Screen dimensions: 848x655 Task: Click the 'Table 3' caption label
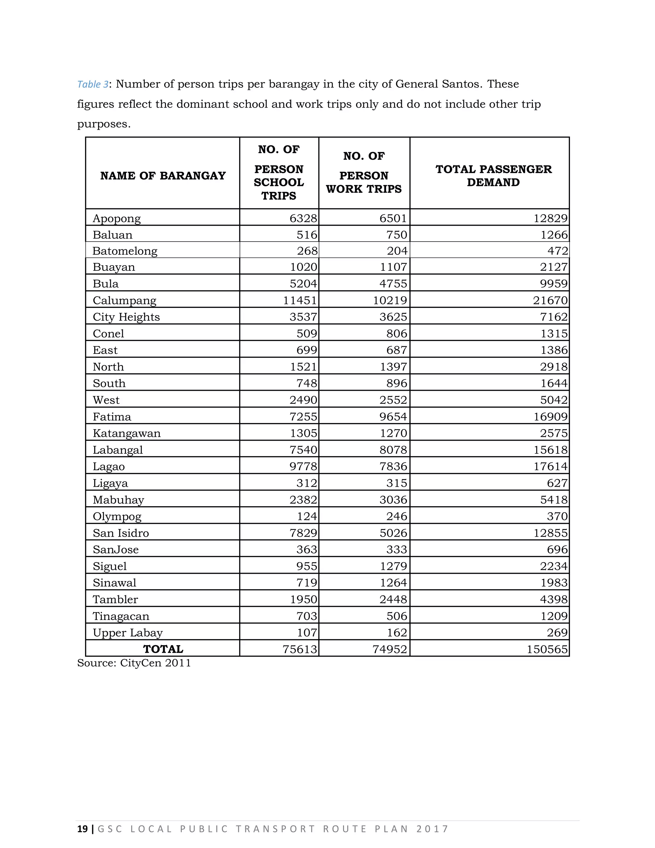[92, 84]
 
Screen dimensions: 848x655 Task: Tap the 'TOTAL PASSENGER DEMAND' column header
[493, 176]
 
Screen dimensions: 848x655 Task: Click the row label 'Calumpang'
[124, 300]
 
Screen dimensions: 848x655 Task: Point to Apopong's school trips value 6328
[303, 219]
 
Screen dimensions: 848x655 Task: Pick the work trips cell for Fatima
[393, 417]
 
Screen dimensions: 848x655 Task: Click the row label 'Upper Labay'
[127, 633]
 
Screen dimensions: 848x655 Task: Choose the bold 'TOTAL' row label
[163, 649]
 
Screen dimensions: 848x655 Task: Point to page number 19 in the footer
[82, 829]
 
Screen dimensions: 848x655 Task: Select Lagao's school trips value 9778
[303, 467]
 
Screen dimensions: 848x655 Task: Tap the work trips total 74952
[390, 650]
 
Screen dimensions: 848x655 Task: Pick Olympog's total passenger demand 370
[557, 516]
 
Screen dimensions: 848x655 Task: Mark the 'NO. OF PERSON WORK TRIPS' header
[364, 173]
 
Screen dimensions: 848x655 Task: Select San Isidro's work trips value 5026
[393, 533]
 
